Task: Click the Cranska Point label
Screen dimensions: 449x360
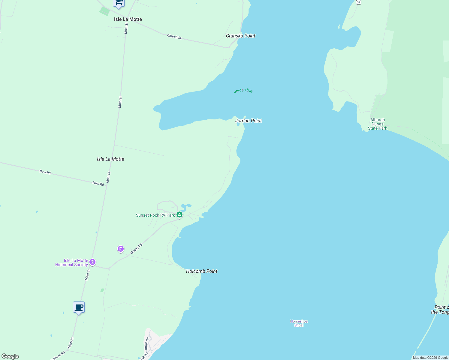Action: [x=240, y=36]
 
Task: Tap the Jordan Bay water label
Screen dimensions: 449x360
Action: [x=243, y=90]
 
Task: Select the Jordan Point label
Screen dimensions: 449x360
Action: [x=248, y=121]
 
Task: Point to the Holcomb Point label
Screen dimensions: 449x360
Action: [x=201, y=271]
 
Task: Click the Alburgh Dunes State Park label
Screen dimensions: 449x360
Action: [x=377, y=124]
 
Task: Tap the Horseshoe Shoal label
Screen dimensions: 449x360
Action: [x=299, y=323]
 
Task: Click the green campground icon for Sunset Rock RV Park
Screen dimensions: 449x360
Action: [x=179, y=214]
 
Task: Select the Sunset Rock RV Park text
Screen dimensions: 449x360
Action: [x=155, y=215]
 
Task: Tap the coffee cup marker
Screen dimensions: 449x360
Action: [x=79, y=307]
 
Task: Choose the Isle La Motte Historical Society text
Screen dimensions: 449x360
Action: [x=72, y=262]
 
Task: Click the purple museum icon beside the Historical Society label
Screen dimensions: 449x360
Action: [x=92, y=262]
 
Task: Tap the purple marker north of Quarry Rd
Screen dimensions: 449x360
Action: [x=121, y=249]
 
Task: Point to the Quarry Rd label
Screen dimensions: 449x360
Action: [x=136, y=249]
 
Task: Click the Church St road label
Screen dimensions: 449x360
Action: [x=174, y=37]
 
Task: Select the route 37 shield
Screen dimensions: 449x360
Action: [x=358, y=2]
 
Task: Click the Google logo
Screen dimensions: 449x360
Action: [x=10, y=356]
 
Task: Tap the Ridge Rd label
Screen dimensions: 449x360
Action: [x=147, y=343]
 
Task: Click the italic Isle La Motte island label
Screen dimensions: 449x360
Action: [x=110, y=159]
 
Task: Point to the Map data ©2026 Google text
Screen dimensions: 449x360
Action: [x=430, y=358]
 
